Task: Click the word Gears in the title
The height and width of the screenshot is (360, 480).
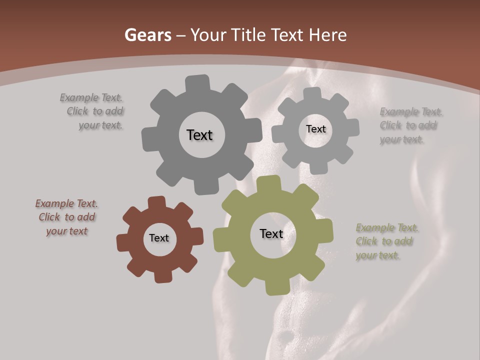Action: (x=147, y=35)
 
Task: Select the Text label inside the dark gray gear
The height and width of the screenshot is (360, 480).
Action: (x=199, y=135)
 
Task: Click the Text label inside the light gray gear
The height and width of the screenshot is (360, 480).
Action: (x=315, y=129)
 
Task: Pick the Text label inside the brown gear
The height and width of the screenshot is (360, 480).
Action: (x=159, y=238)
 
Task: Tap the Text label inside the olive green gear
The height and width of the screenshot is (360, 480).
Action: (x=271, y=233)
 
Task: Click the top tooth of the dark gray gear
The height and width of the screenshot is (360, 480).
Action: (x=197, y=83)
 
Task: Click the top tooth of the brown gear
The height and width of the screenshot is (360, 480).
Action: (x=157, y=202)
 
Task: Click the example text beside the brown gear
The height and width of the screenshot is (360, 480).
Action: (x=66, y=217)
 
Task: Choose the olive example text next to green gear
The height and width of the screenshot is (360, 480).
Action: (x=386, y=241)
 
